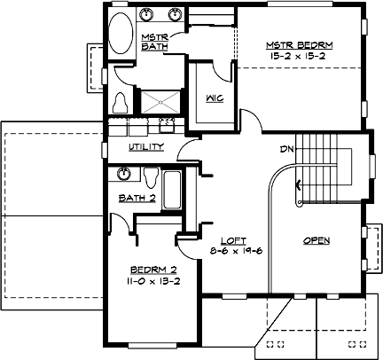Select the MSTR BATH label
(154, 42)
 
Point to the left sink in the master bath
(149, 15)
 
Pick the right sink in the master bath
(176, 15)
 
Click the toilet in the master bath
(121, 100)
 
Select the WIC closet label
(214, 98)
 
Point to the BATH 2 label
(139, 199)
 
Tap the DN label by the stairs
(286, 149)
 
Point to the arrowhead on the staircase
(299, 185)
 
